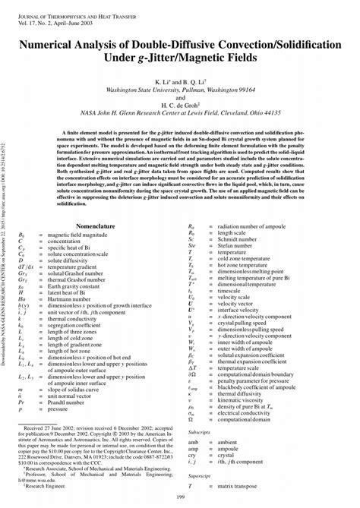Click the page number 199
[x=180, y=497]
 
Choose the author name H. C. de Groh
[x=180, y=106]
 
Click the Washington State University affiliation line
[x=180, y=89]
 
